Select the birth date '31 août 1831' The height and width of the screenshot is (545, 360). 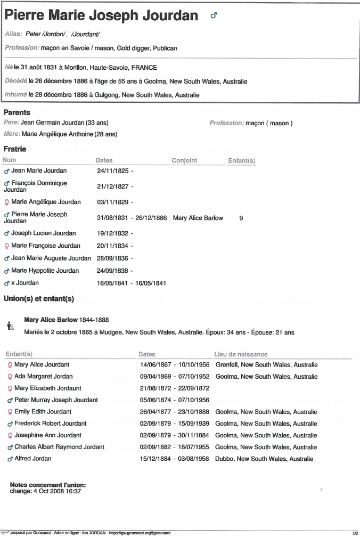pos(37,68)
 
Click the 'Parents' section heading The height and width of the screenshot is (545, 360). pos(17,113)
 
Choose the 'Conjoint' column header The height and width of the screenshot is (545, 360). pos(184,160)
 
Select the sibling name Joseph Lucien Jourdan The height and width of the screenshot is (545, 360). pos(43,233)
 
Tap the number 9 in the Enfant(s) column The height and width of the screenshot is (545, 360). pos(241,218)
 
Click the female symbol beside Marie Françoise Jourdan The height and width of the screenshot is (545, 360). pos(7,246)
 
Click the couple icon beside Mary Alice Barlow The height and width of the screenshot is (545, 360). pos(10,325)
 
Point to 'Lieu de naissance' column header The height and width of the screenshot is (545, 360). pos(241,354)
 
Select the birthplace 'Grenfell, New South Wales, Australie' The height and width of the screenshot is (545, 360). pos(266,365)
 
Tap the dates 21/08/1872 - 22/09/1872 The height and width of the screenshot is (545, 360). pos(174,388)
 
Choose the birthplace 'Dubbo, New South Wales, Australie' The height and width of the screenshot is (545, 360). pos(264,459)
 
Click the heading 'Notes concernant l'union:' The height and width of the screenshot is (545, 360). pos(48,485)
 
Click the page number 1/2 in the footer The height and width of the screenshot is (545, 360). pos(355,533)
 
